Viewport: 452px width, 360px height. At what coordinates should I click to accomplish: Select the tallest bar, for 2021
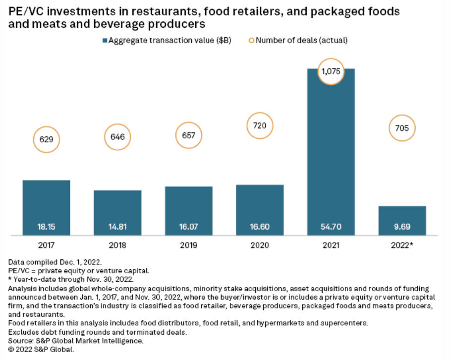[x=331, y=149]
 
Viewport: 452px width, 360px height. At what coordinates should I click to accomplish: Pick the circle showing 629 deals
[x=47, y=140]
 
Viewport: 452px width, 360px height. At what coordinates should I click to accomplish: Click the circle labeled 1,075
[x=331, y=71]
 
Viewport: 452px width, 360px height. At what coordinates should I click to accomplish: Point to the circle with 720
[x=260, y=125]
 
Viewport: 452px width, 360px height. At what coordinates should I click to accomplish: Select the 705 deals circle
[x=402, y=128]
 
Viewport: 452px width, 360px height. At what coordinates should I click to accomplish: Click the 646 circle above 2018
[x=117, y=137]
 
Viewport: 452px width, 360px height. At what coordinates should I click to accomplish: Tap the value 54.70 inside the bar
[x=331, y=227]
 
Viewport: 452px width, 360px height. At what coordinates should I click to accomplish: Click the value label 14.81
[x=117, y=227]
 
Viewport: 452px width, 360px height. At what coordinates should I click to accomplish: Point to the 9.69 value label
[x=402, y=227]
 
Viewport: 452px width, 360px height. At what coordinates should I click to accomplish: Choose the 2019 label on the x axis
[x=189, y=245]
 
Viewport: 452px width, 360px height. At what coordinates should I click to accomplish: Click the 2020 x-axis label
[x=260, y=245]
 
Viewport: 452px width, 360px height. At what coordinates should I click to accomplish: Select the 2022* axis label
[x=402, y=245]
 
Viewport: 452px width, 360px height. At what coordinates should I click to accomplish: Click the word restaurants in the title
[x=147, y=11]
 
